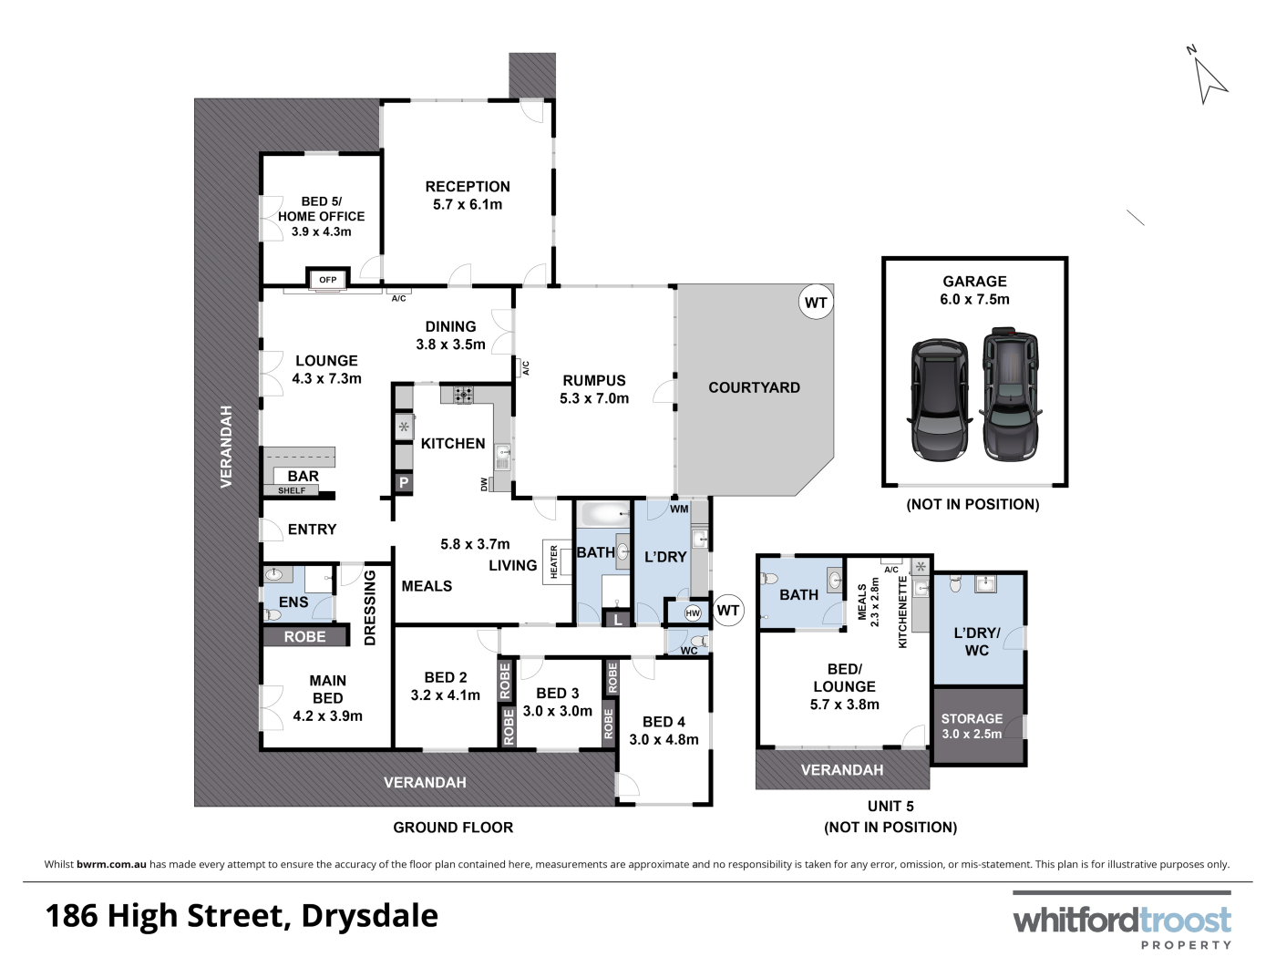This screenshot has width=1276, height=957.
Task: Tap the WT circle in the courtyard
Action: (816, 303)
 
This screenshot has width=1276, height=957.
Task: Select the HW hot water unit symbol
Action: (693, 613)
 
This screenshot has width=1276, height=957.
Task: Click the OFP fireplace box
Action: (328, 280)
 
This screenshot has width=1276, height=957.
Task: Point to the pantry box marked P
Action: (404, 482)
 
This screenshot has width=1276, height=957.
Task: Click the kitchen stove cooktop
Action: (464, 396)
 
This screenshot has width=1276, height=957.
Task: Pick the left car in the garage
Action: (939, 400)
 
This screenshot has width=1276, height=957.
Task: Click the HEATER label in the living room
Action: (553, 561)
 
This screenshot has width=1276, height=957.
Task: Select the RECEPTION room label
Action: (468, 187)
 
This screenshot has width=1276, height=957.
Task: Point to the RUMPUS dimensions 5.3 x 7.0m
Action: (594, 398)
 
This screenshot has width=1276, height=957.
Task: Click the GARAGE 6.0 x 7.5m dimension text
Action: (974, 300)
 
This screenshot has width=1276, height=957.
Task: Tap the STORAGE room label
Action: (972, 719)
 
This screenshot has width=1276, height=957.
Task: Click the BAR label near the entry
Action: (303, 476)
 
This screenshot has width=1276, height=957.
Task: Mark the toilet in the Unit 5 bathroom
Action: (769, 579)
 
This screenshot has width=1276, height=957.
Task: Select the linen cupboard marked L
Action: (617, 620)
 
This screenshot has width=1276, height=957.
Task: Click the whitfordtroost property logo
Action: (1122, 921)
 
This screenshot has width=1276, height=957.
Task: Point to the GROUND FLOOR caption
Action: (453, 828)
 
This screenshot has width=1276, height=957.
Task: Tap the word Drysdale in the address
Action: (370, 916)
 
